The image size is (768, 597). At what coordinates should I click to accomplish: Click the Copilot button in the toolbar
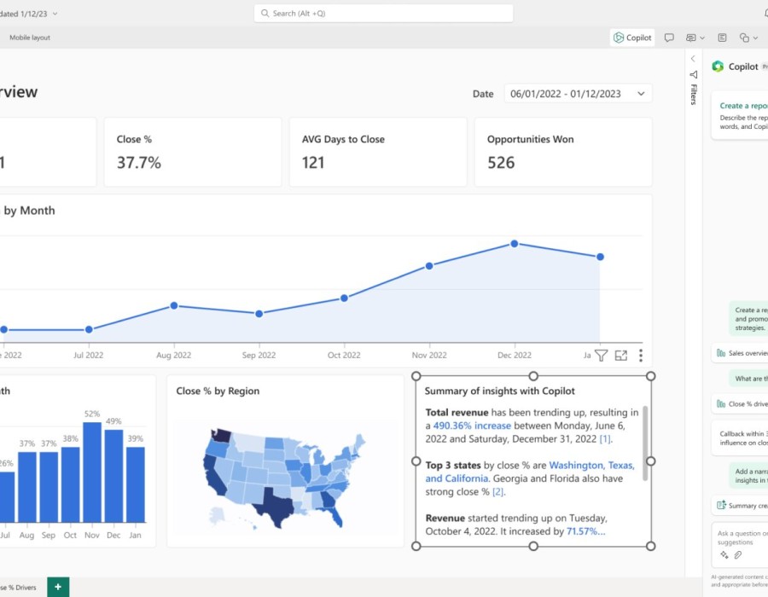(632, 38)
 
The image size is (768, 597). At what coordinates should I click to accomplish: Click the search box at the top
(384, 14)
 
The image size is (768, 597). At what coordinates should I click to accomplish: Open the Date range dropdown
(578, 94)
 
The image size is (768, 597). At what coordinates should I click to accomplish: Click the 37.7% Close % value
(139, 162)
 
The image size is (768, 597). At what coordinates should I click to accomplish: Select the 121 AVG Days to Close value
(313, 162)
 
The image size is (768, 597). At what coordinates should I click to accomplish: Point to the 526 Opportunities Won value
(501, 162)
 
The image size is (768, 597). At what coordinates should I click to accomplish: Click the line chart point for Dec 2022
(515, 243)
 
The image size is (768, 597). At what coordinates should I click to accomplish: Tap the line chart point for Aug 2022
(174, 305)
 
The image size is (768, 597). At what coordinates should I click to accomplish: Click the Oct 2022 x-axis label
(345, 355)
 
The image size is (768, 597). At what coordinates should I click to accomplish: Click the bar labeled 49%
(113, 476)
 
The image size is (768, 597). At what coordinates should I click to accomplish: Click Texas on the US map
(278, 503)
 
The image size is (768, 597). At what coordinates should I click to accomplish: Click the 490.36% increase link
(472, 426)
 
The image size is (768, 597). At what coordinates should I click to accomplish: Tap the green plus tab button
(58, 587)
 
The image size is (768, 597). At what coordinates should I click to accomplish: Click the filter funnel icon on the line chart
(601, 356)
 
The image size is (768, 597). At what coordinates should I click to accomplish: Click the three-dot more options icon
(641, 356)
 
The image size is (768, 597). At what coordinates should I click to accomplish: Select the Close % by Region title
(218, 391)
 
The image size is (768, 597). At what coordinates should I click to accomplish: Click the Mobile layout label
(30, 38)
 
